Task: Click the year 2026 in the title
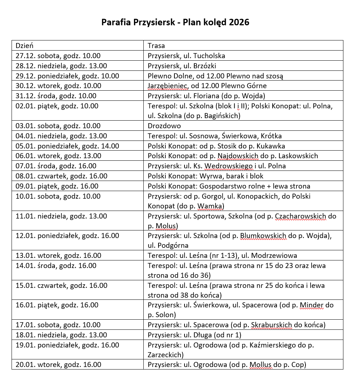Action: (239, 22)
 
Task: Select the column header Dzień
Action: (25, 46)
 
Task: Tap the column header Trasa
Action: (156, 46)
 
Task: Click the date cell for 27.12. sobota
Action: (58, 56)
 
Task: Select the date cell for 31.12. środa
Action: (56, 96)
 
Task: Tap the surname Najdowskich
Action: (238, 156)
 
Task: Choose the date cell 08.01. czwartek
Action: (61, 176)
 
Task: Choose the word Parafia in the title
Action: (113, 22)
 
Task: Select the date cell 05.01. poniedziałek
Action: (67, 146)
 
